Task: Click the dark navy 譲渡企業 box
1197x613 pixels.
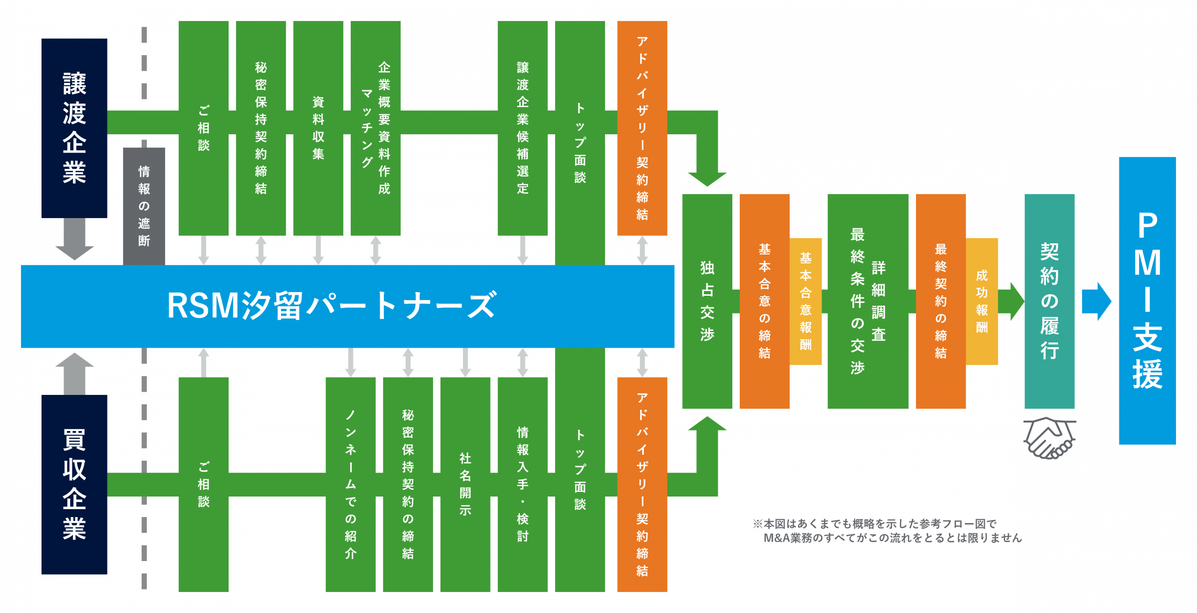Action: click(74, 128)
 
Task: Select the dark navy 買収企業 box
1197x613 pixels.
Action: click(74, 484)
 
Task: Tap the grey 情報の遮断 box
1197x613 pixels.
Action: click(144, 206)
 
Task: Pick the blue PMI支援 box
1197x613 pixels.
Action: click(1147, 300)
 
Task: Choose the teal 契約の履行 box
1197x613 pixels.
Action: click(1049, 301)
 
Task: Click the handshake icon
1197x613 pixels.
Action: click(1049, 438)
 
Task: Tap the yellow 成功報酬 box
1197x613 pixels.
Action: click(982, 301)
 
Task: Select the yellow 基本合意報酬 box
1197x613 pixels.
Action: click(806, 301)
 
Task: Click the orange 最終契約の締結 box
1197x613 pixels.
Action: click(940, 301)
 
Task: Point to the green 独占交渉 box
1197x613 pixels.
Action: click(707, 301)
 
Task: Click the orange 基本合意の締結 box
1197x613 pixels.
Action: click(764, 301)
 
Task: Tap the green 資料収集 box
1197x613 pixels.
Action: click(318, 128)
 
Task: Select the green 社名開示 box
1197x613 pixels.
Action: click(465, 484)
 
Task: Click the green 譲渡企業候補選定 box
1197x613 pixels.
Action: click(522, 128)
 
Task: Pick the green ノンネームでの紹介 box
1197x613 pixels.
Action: click(350, 484)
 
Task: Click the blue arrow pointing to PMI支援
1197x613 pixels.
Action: click(1096, 301)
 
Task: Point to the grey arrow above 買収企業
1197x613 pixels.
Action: click(74, 373)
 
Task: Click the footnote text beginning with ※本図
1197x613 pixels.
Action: click(887, 531)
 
